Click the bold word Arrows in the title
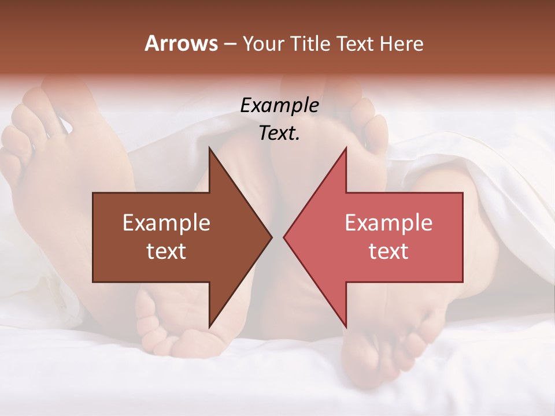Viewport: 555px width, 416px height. [181, 43]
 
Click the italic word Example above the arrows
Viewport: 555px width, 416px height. [279, 105]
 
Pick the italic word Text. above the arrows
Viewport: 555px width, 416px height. [279, 133]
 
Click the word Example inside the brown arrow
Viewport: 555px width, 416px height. [166, 222]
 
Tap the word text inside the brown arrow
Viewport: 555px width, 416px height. [166, 251]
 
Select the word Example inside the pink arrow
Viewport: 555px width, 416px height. [388, 222]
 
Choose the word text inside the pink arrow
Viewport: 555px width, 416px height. [388, 251]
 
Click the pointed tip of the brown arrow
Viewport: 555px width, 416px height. [271, 237]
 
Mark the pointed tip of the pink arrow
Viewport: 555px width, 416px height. [284, 237]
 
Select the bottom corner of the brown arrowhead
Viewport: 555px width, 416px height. [210, 326]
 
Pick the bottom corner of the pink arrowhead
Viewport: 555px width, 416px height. [346, 326]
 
